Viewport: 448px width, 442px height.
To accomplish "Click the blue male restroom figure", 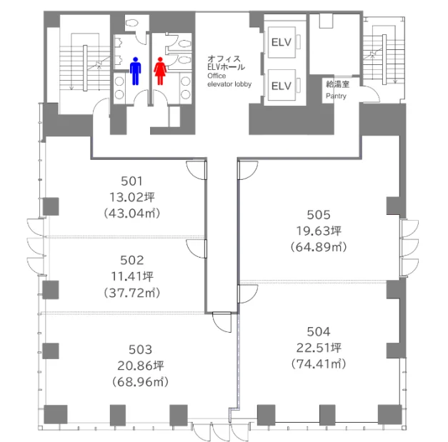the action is [x=136, y=71].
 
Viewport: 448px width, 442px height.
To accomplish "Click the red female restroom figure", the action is [x=160, y=71].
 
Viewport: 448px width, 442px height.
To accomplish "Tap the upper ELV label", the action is [x=282, y=43].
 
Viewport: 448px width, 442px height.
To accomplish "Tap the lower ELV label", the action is [x=282, y=86].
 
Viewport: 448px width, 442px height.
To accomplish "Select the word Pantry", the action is [x=336, y=96].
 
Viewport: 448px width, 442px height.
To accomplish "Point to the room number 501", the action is [x=131, y=181].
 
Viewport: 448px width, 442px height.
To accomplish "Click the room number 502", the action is [x=131, y=260].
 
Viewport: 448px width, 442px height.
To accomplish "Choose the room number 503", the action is [x=140, y=349].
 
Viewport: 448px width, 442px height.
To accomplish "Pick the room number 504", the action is [x=319, y=331].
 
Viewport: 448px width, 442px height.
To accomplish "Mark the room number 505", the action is [x=319, y=215].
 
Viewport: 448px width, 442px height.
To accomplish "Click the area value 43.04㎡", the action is [x=132, y=214].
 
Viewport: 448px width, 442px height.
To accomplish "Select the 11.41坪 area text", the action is [x=132, y=276].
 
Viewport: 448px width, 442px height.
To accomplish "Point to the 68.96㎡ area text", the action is [x=140, y=382].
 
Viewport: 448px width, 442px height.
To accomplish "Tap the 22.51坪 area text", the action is [x=319, y=348].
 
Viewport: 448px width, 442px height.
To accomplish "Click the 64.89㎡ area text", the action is [x=319, y=246].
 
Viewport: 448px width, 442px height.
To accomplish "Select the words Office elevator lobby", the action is [x=229, y=80].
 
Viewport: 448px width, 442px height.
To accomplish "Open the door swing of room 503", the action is [x=222, y=322].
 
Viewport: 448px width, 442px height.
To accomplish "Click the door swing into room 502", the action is [x=196, y=248].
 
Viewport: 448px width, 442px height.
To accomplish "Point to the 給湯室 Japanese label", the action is [x=337, y=84].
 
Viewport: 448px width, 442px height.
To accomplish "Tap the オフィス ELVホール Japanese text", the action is [x=226, y=63].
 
